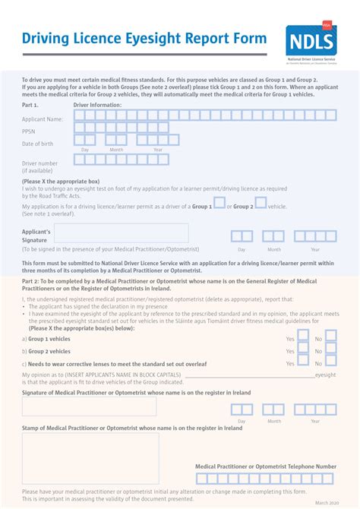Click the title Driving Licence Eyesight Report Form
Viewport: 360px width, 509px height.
pyautogui.click(x=144, y=39)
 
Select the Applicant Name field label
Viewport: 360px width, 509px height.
pyautogui.click(x=43, y=119)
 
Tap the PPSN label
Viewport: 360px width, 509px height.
pyautogui.click(x=29, y=131)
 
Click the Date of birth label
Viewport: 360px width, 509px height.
pyautogui.click(x=38, y=144)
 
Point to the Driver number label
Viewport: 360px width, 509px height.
pyautogui.click(x=40, y=163)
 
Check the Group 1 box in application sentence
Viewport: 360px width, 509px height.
pyautogui.click(x=219, y=203)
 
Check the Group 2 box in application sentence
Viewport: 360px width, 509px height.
pyautogui.click(x=261, y=203)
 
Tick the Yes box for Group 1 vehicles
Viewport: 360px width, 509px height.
pyautogui.click(x=303, y=339)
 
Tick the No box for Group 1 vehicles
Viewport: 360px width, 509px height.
pyautogui.click(x=330, y=339)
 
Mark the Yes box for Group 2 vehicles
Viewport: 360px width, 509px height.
pyautogui.click(x=303, y=352)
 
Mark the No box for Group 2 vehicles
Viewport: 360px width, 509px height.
pyautogui.click(x=330, y=352)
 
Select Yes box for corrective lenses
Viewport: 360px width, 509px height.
pyautogui.click(x=303, y=364)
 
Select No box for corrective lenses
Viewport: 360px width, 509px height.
pyautogui.click(x=330, y=364)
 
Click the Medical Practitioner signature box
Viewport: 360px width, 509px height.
pyautogui.click(x=90, y=406)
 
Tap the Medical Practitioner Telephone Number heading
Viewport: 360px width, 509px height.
pyautogui.click(x=266, y=466)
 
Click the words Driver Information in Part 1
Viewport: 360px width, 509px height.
pyautogui.click(x=97, y=105)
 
